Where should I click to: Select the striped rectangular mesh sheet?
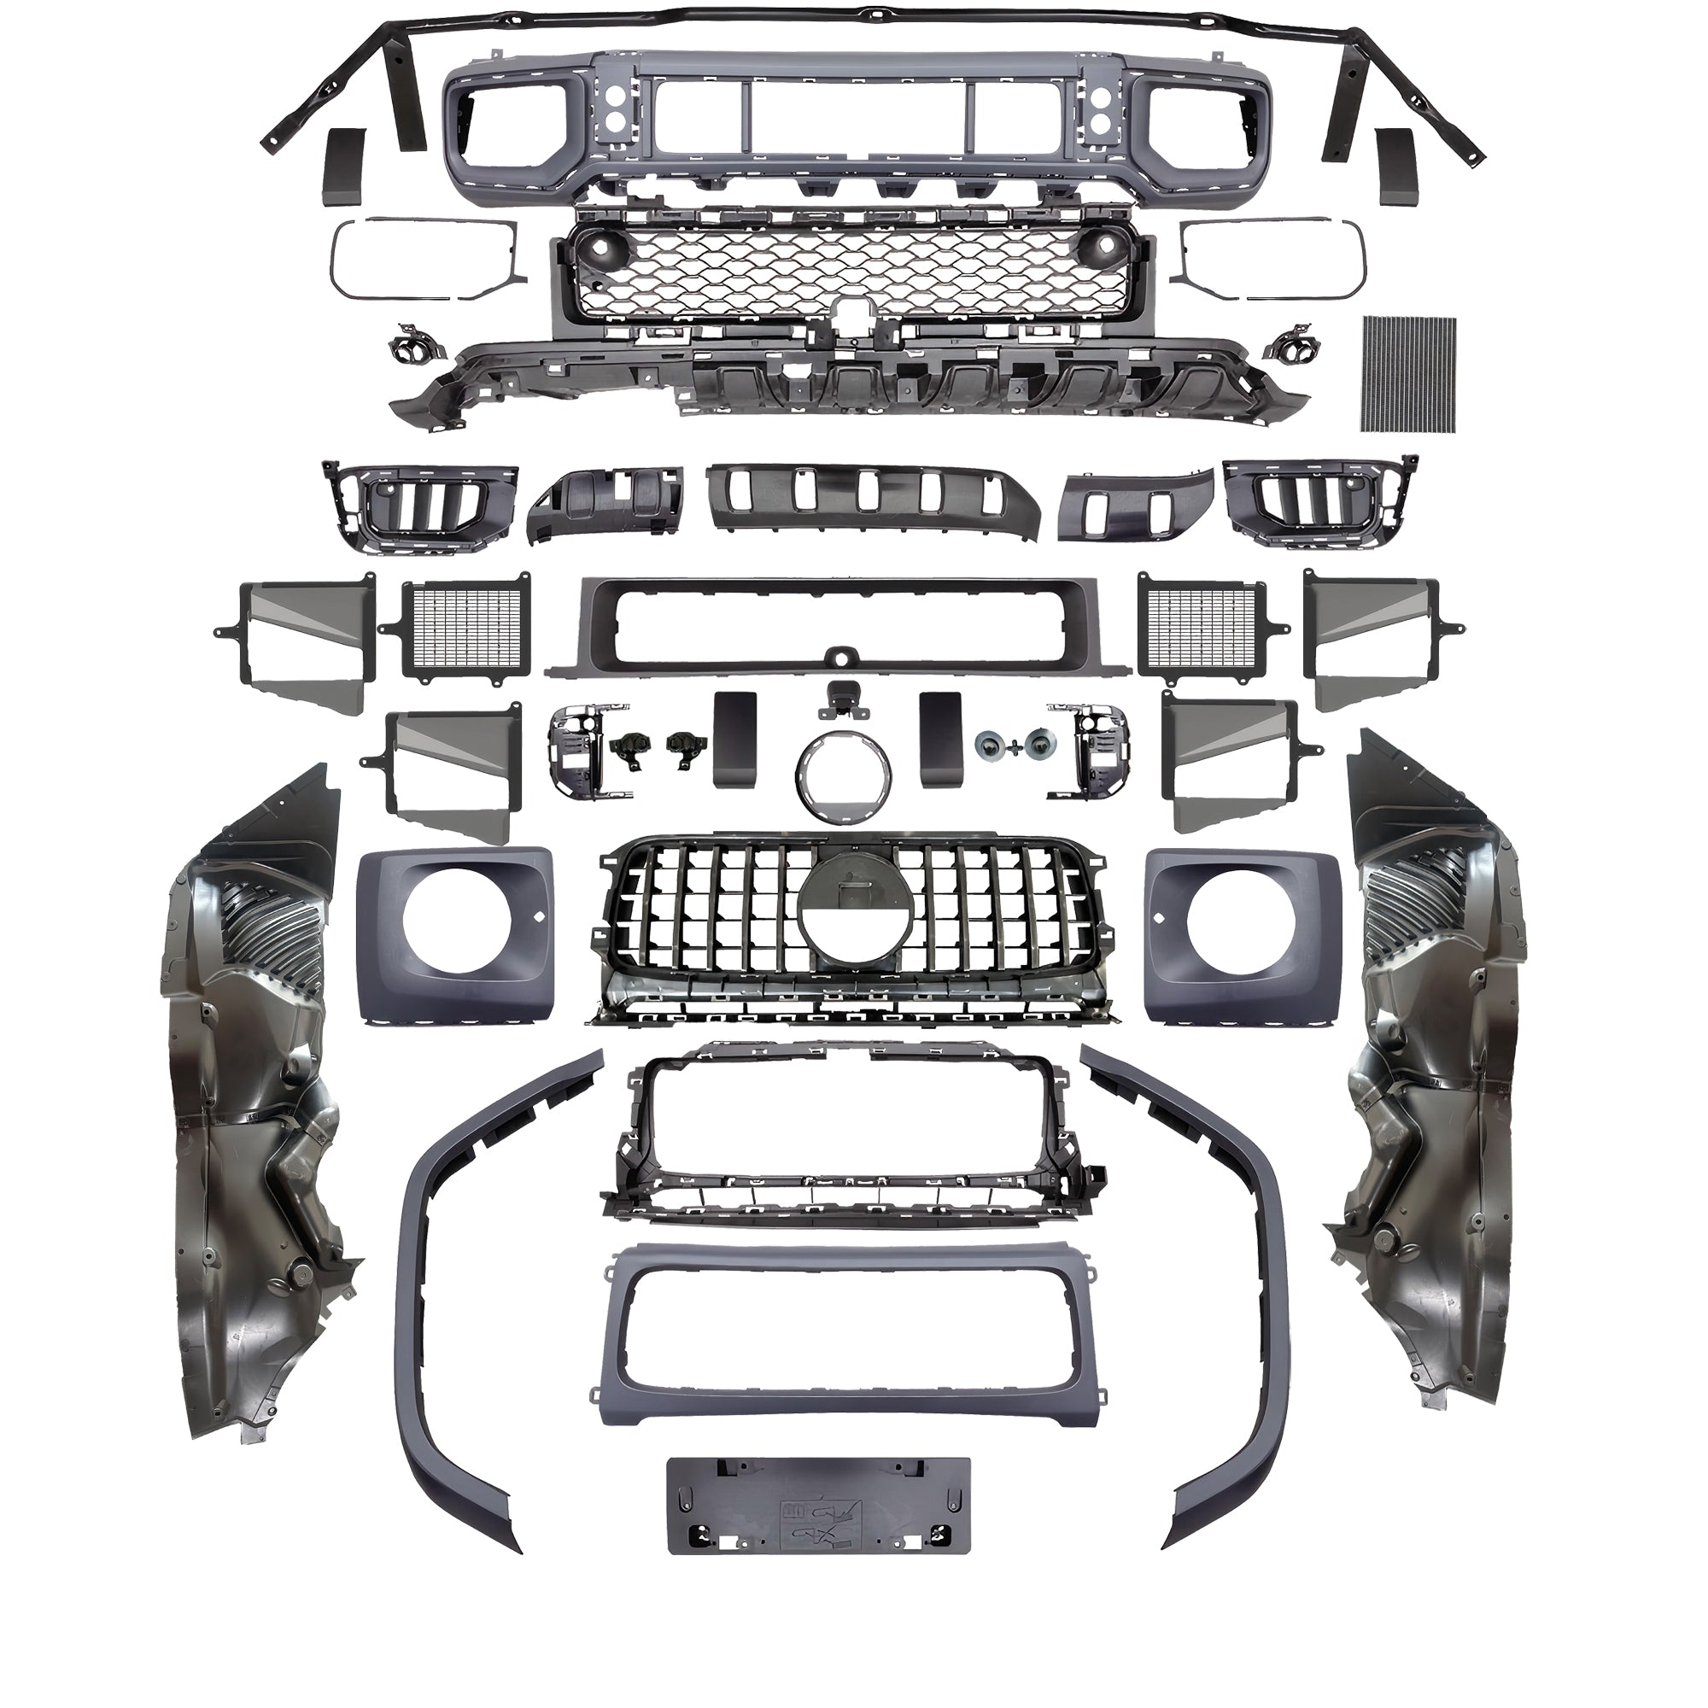(1409, 373)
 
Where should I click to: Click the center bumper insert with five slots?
(871, 500)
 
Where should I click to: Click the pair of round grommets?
(1015, 746)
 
